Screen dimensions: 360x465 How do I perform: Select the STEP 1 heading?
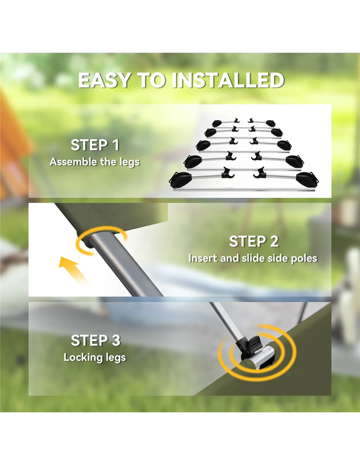pyautogui.click(x=95, y=145)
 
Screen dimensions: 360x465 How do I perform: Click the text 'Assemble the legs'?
pyautogui.click(x=95, y=162)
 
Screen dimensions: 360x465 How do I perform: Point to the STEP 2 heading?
pyautogui.click(x=254, y=241)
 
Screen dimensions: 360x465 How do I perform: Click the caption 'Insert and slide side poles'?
pyautogui.click(x=253, y=258)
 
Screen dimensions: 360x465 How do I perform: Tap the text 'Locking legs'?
pyautogui.click(x=95, y=357)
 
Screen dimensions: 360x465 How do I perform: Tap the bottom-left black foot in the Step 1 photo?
pyautogui.click(x=180, y=179)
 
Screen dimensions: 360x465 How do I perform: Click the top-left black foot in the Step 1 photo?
pyautogui.click(x=217, y=123)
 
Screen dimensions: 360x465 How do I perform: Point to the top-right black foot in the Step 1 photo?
pyautogui.click(x=270, y=123)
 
